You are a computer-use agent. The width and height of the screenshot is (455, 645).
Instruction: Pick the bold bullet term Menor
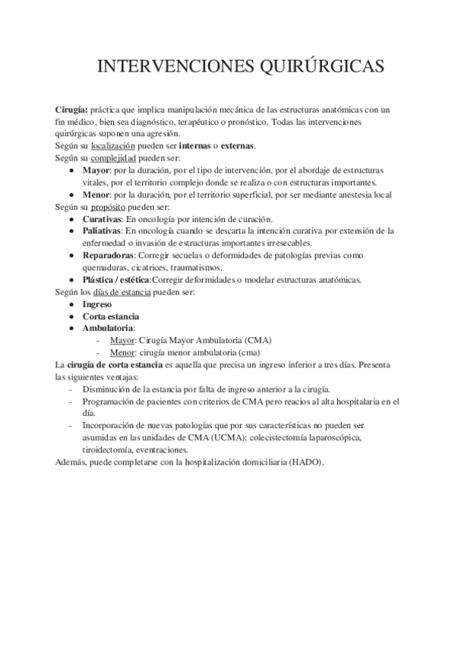click(96, 194)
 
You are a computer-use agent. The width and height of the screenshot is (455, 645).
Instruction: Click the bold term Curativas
click(102, 218)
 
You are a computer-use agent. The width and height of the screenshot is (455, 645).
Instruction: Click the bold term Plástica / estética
click(116, 279)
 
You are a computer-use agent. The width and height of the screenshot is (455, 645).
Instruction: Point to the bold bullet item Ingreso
click(97, 303)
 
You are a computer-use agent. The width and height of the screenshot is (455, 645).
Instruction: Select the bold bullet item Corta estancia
click(111, 316)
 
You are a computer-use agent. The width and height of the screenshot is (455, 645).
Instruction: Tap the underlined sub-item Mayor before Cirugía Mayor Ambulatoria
click(122, 340)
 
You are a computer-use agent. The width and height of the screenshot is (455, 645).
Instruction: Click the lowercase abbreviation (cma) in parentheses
click(246, 352)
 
